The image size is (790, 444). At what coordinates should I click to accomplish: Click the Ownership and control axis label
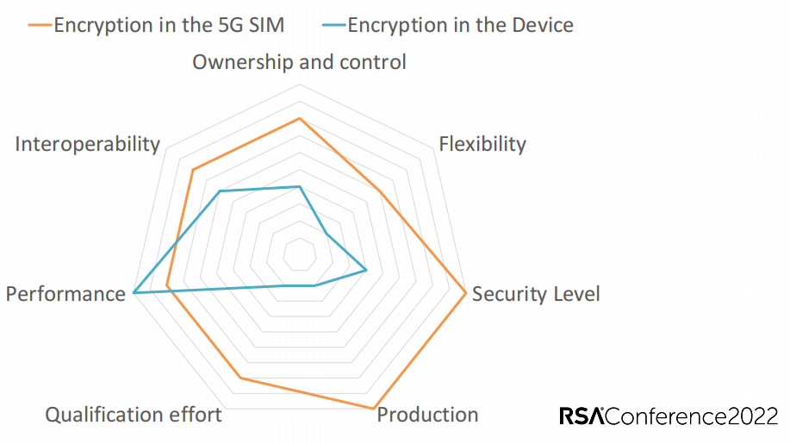point(299,62)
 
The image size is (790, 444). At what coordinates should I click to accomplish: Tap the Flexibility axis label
point(482,144)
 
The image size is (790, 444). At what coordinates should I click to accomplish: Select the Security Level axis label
point(536,294)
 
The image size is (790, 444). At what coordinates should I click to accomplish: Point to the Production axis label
point(427,415)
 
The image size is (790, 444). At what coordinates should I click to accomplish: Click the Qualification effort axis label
point(134,416)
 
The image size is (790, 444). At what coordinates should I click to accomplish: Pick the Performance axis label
point(65,294)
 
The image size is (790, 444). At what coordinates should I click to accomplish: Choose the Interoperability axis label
point(88,145)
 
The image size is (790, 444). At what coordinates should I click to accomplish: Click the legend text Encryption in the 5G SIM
point(169,25)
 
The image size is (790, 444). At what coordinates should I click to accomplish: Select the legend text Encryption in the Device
point(461,25)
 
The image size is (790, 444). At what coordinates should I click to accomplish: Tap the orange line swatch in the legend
point(40,25)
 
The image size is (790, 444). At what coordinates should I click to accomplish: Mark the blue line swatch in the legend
point(334,25)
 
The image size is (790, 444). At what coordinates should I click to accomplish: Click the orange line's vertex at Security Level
point(466,293)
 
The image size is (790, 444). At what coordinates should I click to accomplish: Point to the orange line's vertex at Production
point(373,408)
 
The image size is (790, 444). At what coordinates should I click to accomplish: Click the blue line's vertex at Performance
point(134,293)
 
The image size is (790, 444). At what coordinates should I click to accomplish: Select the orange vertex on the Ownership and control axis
point(299,118)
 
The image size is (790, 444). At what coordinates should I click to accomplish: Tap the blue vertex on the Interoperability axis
point(220,191)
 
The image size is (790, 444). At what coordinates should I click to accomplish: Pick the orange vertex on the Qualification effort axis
point(241,378)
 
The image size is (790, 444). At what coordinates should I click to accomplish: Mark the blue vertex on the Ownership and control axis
point(299,186)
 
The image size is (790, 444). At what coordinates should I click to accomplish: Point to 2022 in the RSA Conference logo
point(753,416)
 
